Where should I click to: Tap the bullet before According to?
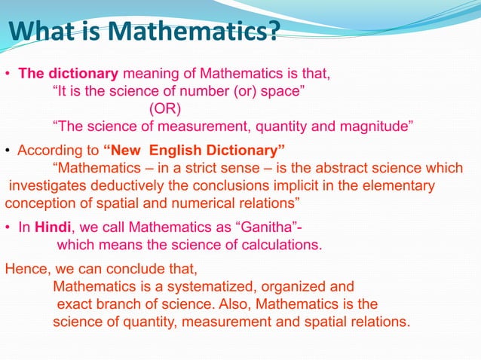coord(8,148)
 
